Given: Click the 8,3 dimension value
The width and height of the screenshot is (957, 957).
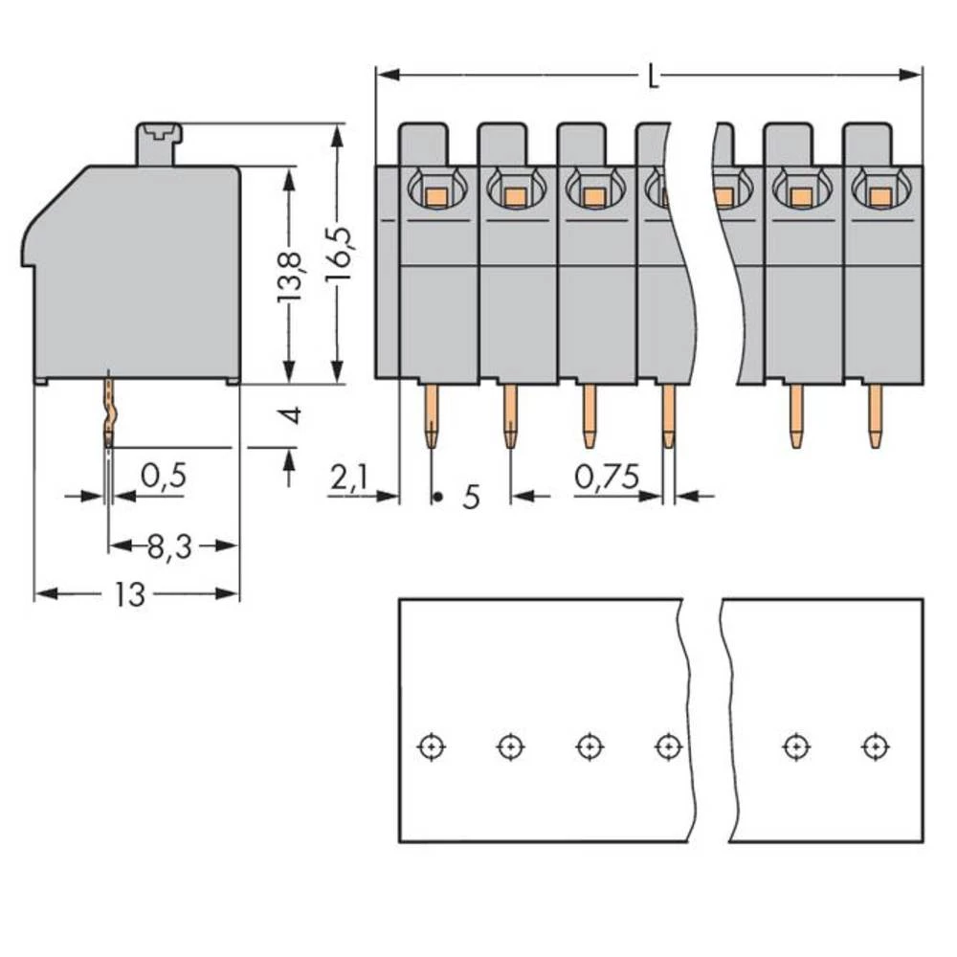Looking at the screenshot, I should pyautogui.click(x=169, y=546).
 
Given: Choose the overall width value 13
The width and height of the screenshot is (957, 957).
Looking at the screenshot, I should pyautogui.click(x=130, y=594).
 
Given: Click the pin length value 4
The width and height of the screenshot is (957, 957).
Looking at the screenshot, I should pyautogui.click(x=290, y=416).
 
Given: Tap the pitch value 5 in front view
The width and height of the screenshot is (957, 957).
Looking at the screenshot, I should pyautogui.click(x=471, y=498).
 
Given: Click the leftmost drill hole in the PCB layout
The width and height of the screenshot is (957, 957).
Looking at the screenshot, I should pyautogui.click(x=432, y=746).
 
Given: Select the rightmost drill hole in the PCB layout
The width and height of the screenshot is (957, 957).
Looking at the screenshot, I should pyautogui.click(x=873, y=746).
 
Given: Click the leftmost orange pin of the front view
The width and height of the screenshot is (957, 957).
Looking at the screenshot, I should pyautogui.click(x=432, y=415).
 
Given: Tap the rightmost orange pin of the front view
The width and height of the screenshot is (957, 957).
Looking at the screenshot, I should pyautogui.click(x=875, y=415).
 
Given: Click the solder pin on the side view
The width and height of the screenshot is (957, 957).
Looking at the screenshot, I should pyautogui.click(x=109, y=412).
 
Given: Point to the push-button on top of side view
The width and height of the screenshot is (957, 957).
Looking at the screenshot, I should pyautogui.click(x=159, y=143).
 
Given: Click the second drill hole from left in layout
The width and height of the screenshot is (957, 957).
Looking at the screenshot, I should pyautogui.click(x=510, y=746).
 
